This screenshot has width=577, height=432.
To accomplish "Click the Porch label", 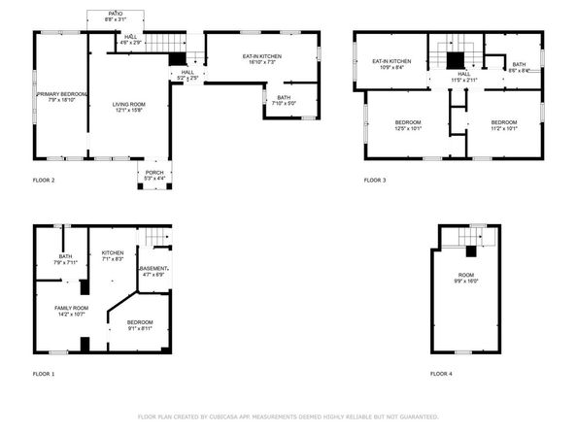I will click(154, 176).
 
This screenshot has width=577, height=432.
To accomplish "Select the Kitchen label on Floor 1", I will click(113, 256).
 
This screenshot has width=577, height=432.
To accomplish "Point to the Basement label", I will click(154, 272).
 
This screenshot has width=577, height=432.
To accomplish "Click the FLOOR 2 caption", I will click(44, 181).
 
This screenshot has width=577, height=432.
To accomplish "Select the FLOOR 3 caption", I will click(375, 181).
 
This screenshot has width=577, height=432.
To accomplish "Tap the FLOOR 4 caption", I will click(441, 374).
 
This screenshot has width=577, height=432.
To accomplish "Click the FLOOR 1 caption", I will click(44, 374).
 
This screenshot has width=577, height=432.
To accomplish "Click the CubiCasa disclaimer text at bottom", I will click(288, 416).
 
